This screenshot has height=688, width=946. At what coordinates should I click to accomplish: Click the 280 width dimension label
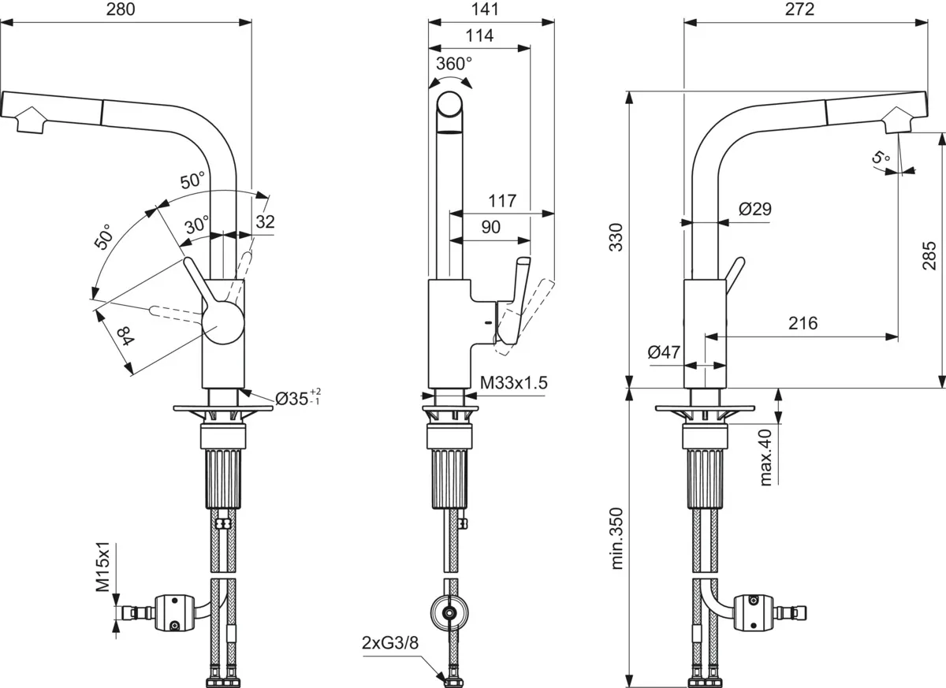click(x=121, y=10)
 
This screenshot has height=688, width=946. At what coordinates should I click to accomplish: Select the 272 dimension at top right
click(x=799, y=10)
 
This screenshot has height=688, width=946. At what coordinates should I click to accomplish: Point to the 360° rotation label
click(x=453, y=64)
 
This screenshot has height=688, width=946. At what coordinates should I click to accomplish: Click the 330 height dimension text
click(x=616, y=237)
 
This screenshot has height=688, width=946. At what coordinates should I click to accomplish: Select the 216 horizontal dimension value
click(x=802, y=323)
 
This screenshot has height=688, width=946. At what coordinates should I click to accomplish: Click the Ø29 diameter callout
click(x=754, y=210)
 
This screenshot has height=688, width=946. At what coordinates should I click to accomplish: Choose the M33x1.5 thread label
click(x=514, y=384)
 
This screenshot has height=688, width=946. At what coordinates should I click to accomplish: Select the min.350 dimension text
click(x=616, y=539)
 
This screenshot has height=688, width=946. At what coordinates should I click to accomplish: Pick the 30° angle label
click(x=196, y=224)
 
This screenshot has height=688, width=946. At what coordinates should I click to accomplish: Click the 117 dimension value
click(x=501, y=201)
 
